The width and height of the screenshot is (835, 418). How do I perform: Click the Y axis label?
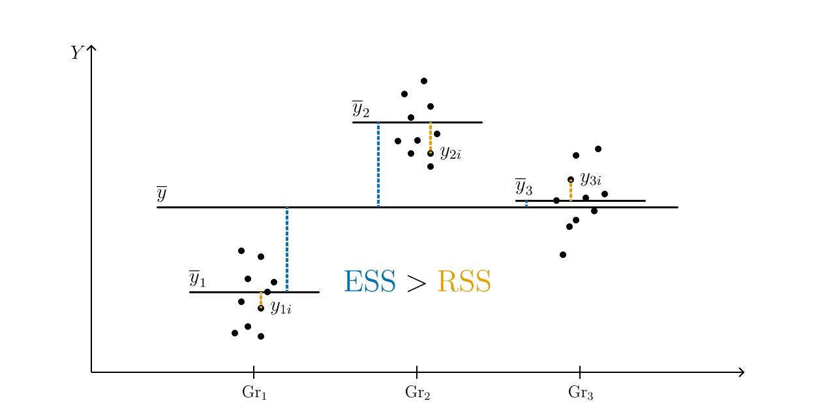coord(77,53)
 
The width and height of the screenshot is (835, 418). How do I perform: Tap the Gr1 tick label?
coord(254,393)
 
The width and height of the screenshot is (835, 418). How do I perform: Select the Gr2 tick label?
coord(417,393)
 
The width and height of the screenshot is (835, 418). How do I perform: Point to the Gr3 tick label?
coord(581,393)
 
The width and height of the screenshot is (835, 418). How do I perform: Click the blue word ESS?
coord(369,282)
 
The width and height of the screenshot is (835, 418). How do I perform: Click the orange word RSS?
coord(463,282)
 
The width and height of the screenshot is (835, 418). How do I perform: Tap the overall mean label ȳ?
coord(162,194)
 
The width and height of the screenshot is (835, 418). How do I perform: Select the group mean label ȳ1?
coord(197,279)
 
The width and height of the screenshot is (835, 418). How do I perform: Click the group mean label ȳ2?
coord(360,109)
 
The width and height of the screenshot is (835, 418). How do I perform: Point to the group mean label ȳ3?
coord(523,187)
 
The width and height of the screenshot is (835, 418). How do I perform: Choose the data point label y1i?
coord(281,307)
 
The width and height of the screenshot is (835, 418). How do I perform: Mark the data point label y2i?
coord(450,153)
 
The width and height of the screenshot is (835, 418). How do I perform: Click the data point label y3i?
coord(590,178)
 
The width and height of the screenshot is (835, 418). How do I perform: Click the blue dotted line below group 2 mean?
coord(378,165)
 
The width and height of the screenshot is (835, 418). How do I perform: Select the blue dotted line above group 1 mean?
coord(287,249)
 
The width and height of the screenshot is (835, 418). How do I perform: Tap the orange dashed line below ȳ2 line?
coord(431,137)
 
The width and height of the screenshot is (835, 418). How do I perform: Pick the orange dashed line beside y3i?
coord(571,191)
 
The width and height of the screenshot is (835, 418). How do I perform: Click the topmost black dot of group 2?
coord(424,81)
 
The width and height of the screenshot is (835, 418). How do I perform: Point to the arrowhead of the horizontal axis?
coord(741,372)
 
